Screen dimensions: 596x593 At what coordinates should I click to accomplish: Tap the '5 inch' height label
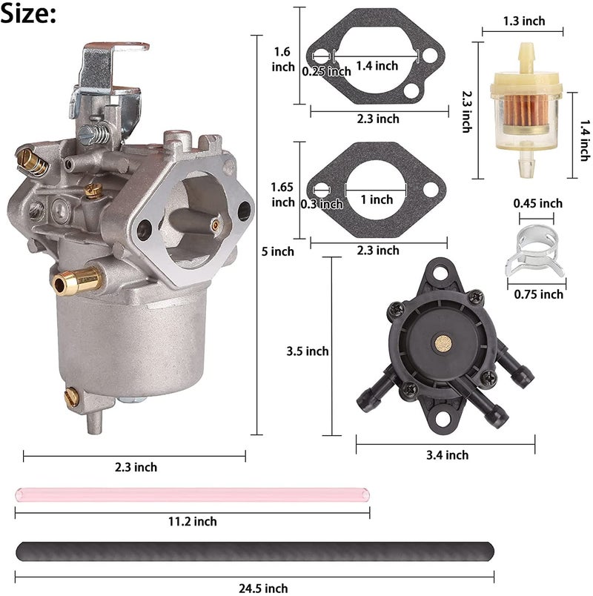(279, 251)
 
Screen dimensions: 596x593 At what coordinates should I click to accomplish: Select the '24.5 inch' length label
(263, 588)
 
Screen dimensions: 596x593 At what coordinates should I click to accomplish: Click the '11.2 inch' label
(192, 521)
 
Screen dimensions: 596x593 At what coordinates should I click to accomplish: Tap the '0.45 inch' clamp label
(537, 203)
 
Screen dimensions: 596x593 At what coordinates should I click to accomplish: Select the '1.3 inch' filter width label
(523, 21)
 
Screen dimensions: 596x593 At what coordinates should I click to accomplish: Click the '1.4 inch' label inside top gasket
(377, 66)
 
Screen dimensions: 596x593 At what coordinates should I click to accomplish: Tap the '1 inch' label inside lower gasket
(377, 199)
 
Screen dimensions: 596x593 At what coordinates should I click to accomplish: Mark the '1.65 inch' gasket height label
(283, 194)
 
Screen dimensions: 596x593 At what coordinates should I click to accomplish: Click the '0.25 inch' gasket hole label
(326, 71)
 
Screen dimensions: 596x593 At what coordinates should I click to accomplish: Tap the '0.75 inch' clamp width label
(538, 294)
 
